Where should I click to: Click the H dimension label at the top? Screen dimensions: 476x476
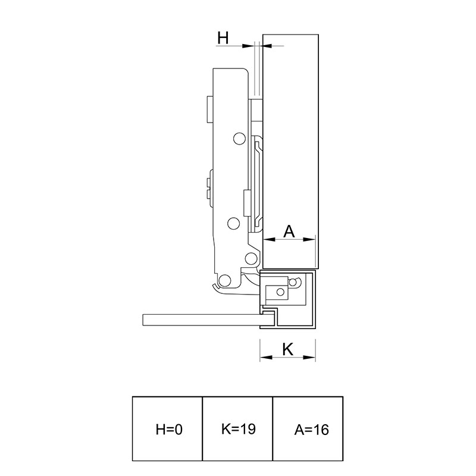(223, 38)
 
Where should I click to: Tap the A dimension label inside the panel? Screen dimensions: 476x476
(289, 231)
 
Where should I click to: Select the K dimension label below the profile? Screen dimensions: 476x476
(287, 349)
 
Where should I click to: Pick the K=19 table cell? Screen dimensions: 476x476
(237, 428)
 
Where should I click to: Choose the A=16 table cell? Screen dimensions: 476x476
(308, 428)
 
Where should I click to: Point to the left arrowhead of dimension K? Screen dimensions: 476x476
(266, 358)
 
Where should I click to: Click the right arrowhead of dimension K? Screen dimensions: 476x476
(309, 358)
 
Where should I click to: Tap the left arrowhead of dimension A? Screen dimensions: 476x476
(269, 240)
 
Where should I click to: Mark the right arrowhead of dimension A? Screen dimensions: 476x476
(309, 240)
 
